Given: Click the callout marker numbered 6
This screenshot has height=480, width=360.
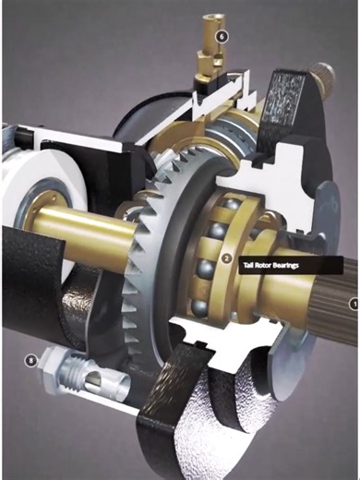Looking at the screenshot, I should coord(221,36).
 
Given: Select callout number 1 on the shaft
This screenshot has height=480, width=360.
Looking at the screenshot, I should coord(352,301).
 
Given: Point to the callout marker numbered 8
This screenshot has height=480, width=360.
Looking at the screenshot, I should coord(34,358).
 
